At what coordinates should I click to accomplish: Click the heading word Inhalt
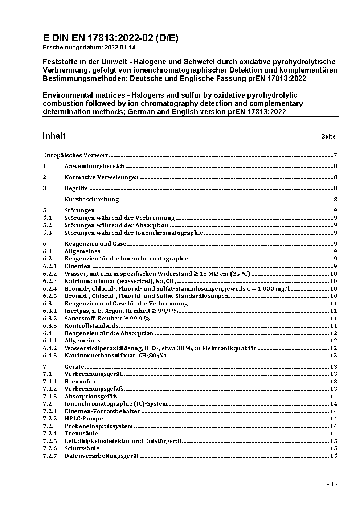pyautogui.click(x=54, y=136)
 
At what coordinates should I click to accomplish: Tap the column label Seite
pyautogui.click(x=328, y=137)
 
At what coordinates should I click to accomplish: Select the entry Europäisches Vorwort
pyautogui.click(x=75, y=155)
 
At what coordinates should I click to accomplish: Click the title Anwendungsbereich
pyautogui.click(x=94, y=166)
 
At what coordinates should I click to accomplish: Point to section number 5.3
pyautogui.click(x=47, y=233)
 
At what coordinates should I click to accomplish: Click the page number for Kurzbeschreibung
pyautogui.click(x=336, y=200)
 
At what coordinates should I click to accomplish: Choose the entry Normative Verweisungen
pyautogui.click(x=102, y=177)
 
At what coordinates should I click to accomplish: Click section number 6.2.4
pyautogui.click(x=50, y=289)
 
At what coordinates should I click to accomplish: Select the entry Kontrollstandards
pyautogui.click(x=91, y=326)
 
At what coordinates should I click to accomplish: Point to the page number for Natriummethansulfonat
pyautogui.click(x=334, y=356)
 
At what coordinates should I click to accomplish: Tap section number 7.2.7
pyautogui.click(x=50, y=456)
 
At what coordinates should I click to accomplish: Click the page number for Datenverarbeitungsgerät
pyautogui.click(x=334, y=456)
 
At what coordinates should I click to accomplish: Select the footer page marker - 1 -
pyautogui.click(x=332, y=484)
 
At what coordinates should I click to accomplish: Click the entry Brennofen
pyautogui.click(x=80, y=382)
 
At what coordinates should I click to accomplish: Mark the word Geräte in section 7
pyautogui.click(x=74, y=367)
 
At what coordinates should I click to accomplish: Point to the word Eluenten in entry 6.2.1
pyautogui.click(x=78, y=266)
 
